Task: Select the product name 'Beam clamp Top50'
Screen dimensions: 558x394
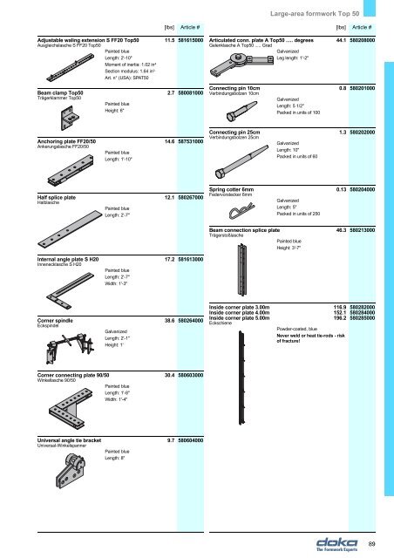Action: pos(60,91)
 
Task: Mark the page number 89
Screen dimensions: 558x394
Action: pos(371,546)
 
